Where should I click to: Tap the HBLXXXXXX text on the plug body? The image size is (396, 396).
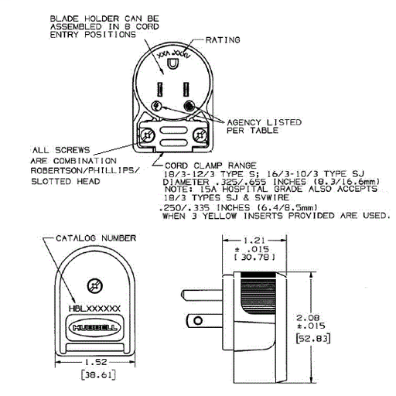pos(95,308)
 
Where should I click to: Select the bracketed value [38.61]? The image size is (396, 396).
pos(95,377)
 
